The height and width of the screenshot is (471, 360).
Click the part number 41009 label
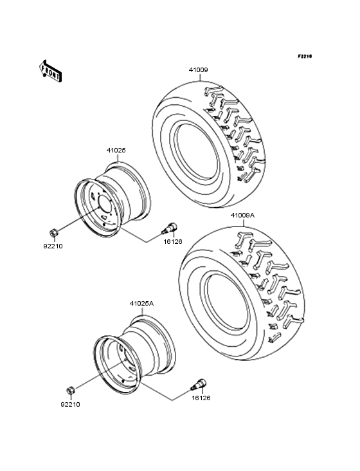[x=198, y=69]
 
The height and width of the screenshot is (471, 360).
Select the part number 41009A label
[x=243, y=216]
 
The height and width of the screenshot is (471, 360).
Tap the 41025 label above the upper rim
[x=116, y=151]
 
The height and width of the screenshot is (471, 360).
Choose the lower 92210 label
[x=70, y=405]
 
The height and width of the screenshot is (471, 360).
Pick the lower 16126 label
[x=200, y=398]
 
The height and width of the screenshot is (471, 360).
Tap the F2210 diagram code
[x=304, y=57]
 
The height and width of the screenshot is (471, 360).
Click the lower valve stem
[x=199, y=384]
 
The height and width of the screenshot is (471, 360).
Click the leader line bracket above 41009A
[x=243, y=223]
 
